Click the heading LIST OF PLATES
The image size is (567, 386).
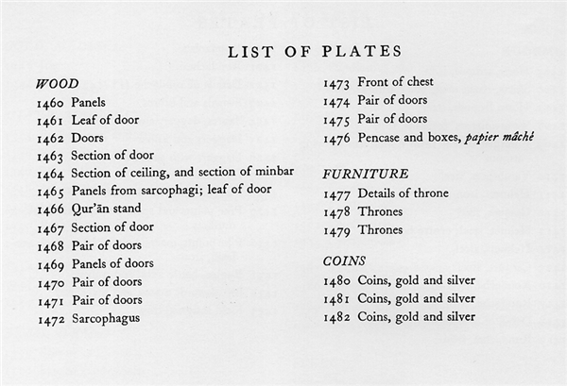tap(315, 51)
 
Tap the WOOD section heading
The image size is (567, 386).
tap(57, 83)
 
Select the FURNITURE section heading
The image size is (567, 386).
tap(366, 174)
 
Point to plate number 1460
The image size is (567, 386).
tap(50, 101)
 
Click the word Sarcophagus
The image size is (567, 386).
tap(105, 318)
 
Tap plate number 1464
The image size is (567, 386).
tap(50, 174)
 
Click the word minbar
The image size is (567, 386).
tap(272, 173)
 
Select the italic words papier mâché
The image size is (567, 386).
tap(500, 138)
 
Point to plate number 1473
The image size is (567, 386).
tap(336, 82)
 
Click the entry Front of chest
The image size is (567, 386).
tap(401, 82)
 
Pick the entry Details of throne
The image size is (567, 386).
tap(403, 193)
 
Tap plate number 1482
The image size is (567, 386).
tap(337, 317)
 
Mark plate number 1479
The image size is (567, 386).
tap(337, 229)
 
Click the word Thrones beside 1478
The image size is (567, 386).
tap(380, 211)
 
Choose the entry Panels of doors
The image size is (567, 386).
tap(112, 263)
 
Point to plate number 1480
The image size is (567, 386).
tap(337, 280)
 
